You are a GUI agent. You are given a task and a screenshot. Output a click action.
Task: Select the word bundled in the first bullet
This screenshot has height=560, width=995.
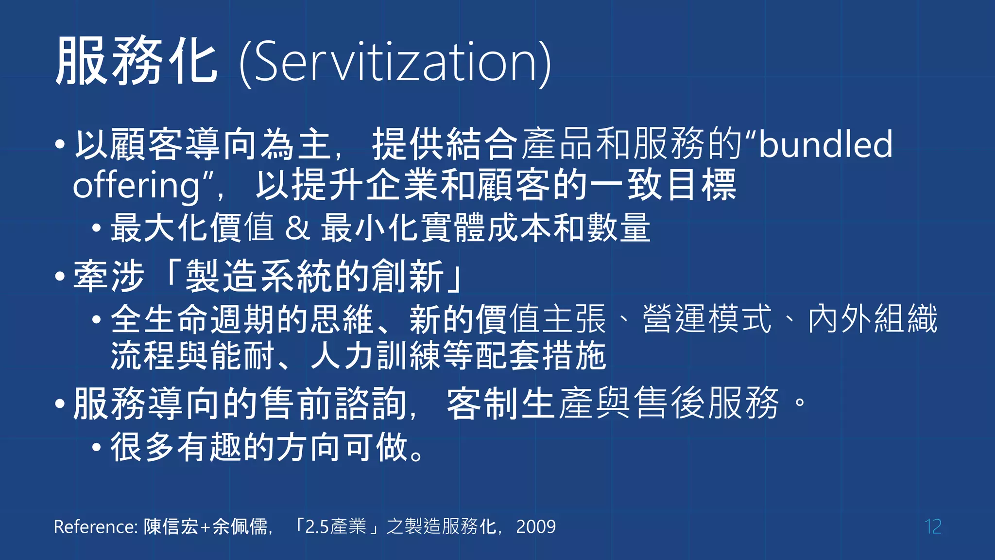(825, 144)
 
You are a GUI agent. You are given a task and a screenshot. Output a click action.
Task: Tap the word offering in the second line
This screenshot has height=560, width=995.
(137, 186)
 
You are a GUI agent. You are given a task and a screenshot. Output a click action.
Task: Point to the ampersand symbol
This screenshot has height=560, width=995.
(297, 228)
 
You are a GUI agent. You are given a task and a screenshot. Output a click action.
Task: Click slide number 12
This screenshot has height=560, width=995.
(933, 526)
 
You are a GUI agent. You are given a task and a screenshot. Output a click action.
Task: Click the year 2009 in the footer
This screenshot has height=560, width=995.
(536, 526)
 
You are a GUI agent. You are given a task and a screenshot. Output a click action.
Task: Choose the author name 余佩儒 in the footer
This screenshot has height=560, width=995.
(240, 526)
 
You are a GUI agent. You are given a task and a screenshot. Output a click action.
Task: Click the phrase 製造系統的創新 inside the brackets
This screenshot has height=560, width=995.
(314, 276)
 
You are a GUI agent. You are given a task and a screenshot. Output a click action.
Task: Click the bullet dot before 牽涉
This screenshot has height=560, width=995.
(60, 277)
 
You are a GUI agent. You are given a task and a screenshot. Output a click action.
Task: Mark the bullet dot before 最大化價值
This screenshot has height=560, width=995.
(97, 227)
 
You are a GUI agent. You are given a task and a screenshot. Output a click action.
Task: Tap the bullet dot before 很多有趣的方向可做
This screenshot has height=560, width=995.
(97, 447)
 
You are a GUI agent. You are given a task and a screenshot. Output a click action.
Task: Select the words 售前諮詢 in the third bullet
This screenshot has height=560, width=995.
(334, 403)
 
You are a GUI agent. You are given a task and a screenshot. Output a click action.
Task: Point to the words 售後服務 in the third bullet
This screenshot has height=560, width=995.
(707, 403)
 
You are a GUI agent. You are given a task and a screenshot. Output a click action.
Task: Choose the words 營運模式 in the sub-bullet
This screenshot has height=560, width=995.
(707, 319)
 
